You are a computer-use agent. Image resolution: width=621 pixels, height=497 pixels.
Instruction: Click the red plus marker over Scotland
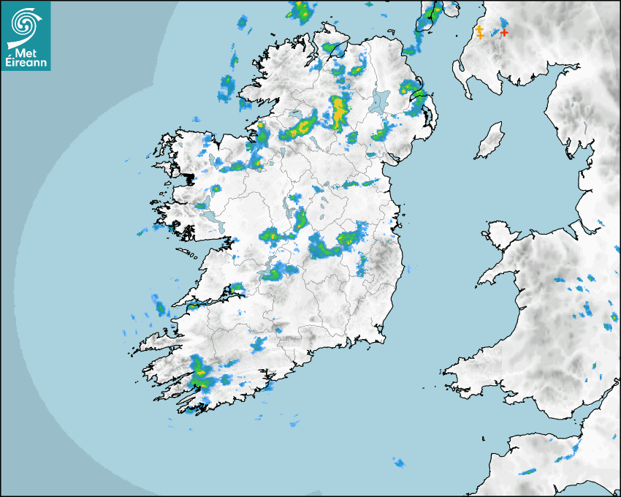click(503, 32)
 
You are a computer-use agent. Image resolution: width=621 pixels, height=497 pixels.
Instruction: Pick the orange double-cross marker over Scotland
click(479, 32)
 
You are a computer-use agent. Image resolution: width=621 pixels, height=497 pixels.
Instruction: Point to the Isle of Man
click(490, 140)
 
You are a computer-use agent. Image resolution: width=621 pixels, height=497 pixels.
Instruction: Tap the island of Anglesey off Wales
click(501, 235)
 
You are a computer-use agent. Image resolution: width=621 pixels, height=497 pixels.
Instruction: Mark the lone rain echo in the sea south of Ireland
click(399, 463)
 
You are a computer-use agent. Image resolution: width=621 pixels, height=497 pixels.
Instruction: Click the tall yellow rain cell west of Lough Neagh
click(339, 111)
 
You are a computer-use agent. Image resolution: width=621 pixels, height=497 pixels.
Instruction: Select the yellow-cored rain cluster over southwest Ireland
click(199, 374)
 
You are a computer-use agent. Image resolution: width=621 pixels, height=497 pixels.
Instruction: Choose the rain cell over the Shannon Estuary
click(235, 290)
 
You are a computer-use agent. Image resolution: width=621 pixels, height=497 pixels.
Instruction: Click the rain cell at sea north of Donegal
click(300, 10)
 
